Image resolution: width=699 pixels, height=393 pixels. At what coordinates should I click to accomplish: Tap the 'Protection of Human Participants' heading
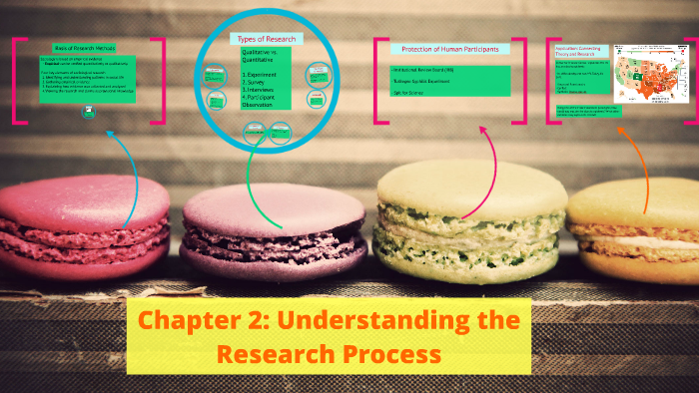coord(450,49)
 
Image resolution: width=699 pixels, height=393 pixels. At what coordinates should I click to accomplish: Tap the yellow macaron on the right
coord(639,229)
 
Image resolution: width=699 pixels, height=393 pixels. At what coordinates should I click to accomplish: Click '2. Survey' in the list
coord(254,84)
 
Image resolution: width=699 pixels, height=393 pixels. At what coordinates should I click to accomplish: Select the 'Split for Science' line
coord(408,91)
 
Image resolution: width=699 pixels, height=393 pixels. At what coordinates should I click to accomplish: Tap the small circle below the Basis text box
coord(90,113)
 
